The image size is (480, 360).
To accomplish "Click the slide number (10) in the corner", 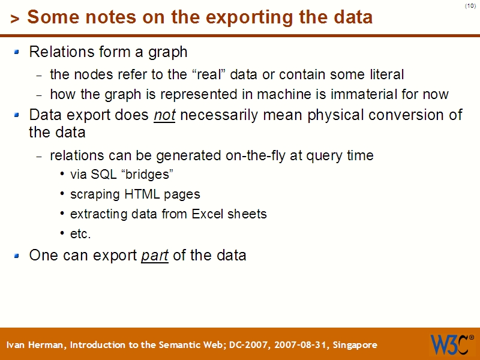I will click(x=470, y=6).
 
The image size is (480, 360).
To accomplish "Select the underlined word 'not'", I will click(x=164, y=115).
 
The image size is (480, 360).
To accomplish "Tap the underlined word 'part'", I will click(x=154, y=256).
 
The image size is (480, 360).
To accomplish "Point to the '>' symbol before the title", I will click(x=15, y=19).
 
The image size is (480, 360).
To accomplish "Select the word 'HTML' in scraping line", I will click(x=142, y=194).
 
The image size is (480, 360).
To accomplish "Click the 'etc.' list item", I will click(x=80, y=233).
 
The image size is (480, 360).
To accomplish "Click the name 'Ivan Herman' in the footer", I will click(x=37, y=345).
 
